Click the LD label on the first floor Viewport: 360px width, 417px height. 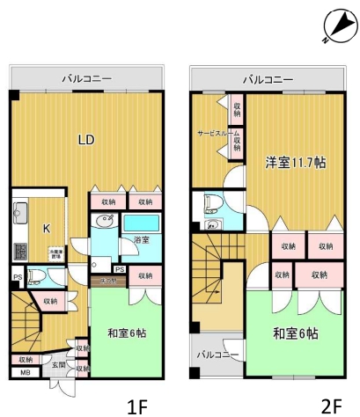(x=85, y=139)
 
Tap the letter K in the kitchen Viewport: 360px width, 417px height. (x=47, y=228)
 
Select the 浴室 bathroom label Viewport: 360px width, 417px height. (x=141, y=239)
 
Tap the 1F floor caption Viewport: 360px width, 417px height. (x=136, y=406)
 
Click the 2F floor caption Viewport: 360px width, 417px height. (x=330, y=406)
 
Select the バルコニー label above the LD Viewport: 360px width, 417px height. (x=86, y=79)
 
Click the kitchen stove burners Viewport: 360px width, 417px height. (x=19, y=249)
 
